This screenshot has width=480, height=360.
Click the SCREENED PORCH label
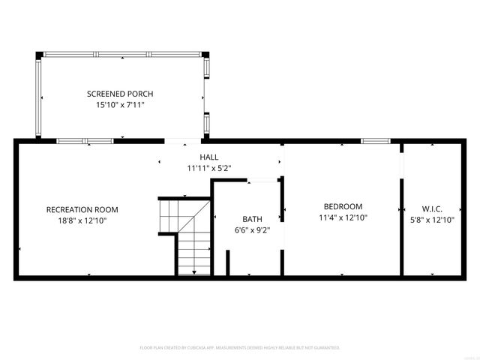(120, 94)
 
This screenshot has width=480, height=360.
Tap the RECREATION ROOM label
(82, 209)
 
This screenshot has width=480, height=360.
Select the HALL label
(209, 157)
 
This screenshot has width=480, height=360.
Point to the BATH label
(251, 219)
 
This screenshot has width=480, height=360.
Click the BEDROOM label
(343, 206)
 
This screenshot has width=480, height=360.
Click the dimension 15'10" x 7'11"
(120, 106)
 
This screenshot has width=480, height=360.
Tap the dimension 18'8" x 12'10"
(82, 220)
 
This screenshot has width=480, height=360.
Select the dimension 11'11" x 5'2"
(209, 168)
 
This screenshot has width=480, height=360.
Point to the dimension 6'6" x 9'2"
(251, 230)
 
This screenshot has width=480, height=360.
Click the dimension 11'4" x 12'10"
(343, 217)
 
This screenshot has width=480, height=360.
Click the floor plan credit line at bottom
(240, 348)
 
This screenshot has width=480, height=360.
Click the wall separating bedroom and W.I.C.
(400, 225)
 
